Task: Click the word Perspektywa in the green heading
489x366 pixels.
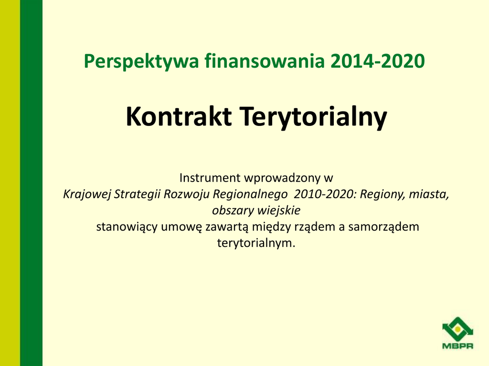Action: [141, 61]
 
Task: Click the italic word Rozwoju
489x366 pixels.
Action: [187, 194]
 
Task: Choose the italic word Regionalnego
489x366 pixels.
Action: [250, 194]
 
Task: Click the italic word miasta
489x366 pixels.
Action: [429, 194]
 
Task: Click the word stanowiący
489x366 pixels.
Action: [127, 227]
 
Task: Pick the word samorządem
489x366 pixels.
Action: [383, 227]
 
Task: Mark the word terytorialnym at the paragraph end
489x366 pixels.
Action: [256, 243]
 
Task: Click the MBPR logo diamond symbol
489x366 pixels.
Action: [458, 329]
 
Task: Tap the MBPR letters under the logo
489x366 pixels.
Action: [458, 346]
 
